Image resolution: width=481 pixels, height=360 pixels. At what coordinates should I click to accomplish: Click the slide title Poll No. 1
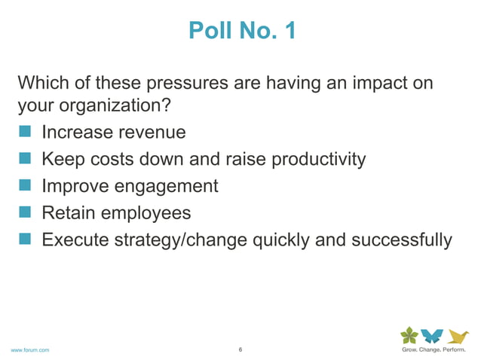(241, 31)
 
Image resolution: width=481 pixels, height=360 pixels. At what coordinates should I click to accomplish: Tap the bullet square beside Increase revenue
(25, 133)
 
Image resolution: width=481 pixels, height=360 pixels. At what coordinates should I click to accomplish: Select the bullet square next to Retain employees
(25, 213)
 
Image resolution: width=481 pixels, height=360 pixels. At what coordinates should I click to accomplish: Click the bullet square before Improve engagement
(25, 186)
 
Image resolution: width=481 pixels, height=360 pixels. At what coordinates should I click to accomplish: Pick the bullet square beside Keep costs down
(25, 160)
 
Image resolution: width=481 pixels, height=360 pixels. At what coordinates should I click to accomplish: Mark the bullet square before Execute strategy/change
(25, 239)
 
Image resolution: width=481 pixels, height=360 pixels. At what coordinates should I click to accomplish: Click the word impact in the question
(367, 82)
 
